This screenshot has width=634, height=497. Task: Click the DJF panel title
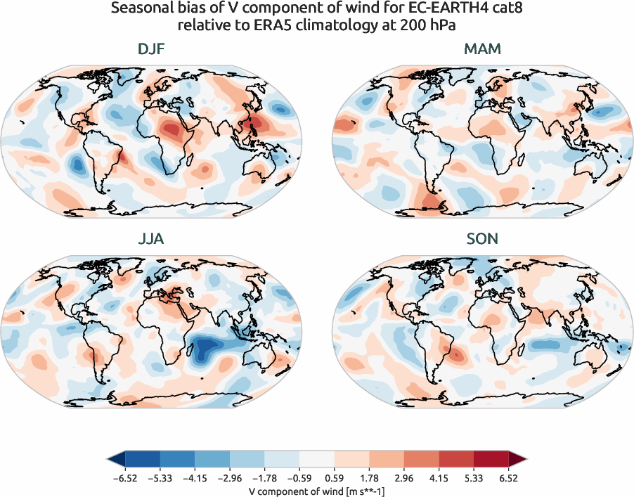tap(151, 50)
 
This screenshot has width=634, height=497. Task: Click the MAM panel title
tap(483, 50)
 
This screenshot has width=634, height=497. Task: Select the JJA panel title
tap(151, 239)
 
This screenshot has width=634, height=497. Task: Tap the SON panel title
tap(483, 239)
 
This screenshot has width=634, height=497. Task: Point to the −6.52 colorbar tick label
tap(124, 477)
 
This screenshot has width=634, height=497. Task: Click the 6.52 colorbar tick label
tap(510, 477)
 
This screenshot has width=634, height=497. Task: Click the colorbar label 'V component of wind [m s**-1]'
tap(316, 491)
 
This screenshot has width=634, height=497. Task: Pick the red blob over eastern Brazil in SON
tap(458, 355)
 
